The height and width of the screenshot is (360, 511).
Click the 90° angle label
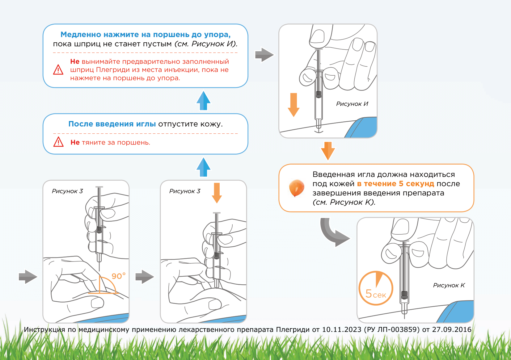point(118,276)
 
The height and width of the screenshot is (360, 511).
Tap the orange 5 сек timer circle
point(376,288)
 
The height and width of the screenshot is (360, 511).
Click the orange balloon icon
point(296,188)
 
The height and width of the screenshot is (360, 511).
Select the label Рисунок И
point(352,104)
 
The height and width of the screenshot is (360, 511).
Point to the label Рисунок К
point(449,286)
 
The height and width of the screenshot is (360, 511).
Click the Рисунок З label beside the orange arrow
point(185,191)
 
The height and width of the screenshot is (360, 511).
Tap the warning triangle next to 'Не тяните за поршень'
point(58,142)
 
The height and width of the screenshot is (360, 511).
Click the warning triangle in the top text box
point(58,70)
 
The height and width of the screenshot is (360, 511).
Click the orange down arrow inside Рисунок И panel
point(294,105)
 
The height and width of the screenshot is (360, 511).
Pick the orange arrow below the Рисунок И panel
point(328,151)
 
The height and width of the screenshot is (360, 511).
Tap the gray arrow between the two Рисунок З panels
point(145,277)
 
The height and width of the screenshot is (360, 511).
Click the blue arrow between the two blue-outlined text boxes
point(203,101)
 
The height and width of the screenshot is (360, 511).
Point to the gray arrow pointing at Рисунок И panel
point(264,55)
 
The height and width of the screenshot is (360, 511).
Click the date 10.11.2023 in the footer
point(341,330)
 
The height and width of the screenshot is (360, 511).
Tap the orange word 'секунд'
point(420,184)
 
